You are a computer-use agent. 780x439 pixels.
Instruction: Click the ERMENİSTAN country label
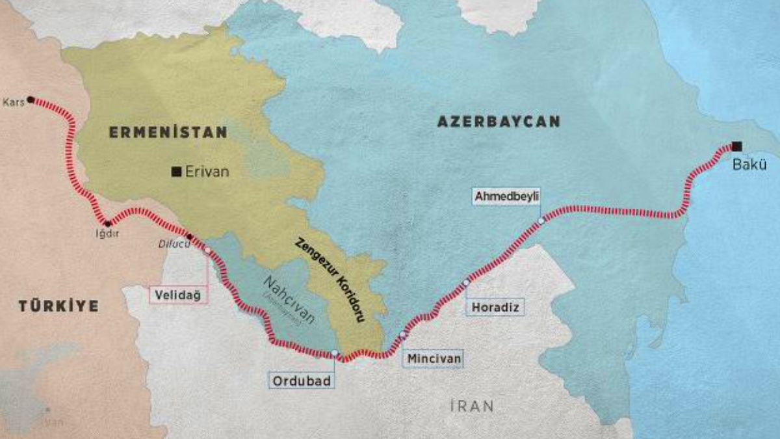pos(168,133)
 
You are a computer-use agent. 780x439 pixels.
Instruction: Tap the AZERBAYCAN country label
pos(498,122)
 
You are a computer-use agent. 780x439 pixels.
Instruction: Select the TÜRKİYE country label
pos(58,306)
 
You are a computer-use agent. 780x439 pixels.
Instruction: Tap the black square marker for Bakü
pos(736,146)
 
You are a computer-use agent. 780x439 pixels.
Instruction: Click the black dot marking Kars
pos(31,100)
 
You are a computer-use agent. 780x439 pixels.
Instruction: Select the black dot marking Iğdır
pos(108,224)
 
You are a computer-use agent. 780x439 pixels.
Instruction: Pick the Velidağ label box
pos(179,295)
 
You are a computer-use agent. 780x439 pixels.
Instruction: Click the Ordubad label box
pos(301,380)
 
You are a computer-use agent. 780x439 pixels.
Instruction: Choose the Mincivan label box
pos(434,358)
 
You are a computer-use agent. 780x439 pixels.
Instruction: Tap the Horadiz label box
pos(495,307)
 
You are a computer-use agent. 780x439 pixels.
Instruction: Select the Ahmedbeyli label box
pos(507,196)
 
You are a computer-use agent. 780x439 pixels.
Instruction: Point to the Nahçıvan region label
pos(290,300)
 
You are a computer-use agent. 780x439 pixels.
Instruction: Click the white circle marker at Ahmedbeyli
pos(541,221)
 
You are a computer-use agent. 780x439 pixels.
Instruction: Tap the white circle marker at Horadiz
pos(466,282)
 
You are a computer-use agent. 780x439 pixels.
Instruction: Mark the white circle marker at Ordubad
pos(334,353)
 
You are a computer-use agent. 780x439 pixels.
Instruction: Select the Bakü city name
pos(746,164)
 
